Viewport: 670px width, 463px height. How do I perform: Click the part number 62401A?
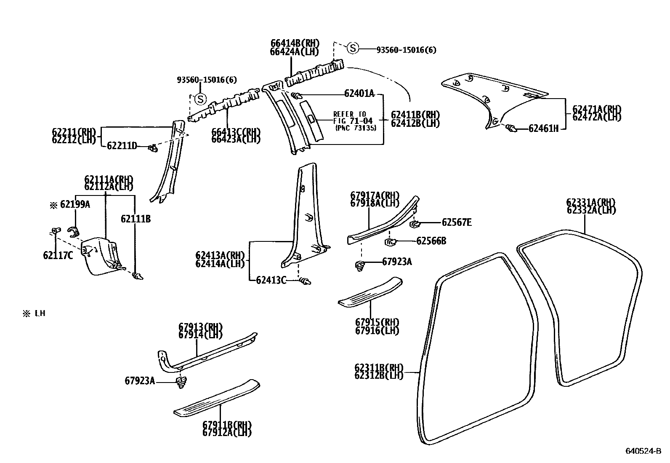click(x=359, y=94)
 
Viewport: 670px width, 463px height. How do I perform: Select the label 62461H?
click(x=543, y=128)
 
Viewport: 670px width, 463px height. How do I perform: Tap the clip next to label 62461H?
click(x=511, y=128)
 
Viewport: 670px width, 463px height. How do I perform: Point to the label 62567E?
click(x=457, y=222)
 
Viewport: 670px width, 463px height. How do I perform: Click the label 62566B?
click(x=431, y=241)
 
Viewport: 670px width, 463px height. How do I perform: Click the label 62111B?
click(x=136, y=219)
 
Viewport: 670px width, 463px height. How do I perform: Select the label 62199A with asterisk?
click(x=70, y=205)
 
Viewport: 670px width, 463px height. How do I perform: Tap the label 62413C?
click(x=271, y=280)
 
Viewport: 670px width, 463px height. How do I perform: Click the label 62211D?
click(x=122, y=146)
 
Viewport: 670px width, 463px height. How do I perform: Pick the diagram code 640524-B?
click(x=643, y=451)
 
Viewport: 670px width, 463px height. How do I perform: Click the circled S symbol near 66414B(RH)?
click(x=353, y=48)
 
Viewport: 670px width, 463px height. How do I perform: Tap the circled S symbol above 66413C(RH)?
click(x=201, y=99)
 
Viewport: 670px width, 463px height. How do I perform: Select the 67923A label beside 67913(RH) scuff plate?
click(x=140, y=381)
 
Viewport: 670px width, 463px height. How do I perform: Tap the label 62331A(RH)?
click(x=591, y=202)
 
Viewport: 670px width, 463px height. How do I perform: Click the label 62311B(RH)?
click(x=379, y=367)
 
